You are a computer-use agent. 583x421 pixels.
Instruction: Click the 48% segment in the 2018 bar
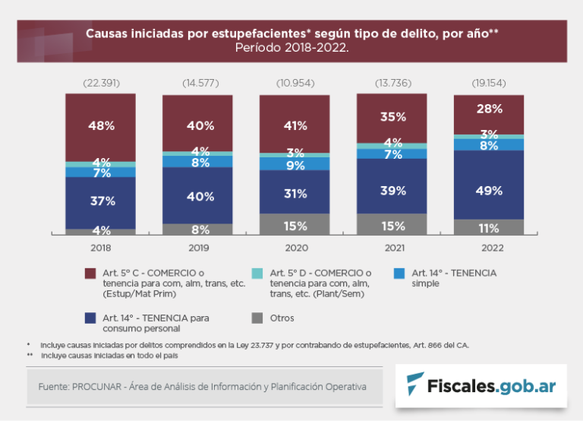coord(100,126)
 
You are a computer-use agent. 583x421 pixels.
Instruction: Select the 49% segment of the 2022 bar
coord(488,190)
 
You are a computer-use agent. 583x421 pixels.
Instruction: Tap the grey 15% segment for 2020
coord(295,225)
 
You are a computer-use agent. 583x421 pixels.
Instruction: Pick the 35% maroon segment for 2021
coord(392,117)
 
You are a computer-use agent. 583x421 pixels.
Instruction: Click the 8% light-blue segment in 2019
coord(197,162)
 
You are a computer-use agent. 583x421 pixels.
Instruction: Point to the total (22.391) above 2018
coord(100,83)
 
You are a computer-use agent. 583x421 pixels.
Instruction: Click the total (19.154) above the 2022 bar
coord(488,83)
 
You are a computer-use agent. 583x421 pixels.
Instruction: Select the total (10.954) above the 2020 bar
coord(295,83)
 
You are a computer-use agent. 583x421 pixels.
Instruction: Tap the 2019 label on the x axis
coord(197,248)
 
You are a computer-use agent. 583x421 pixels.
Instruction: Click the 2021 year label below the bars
coord(392,248)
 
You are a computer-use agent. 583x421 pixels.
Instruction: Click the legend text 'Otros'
coord(282,318)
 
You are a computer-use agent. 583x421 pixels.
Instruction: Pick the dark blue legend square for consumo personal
coord(90,318)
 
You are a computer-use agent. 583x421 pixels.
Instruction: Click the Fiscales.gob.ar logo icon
coord(416,384)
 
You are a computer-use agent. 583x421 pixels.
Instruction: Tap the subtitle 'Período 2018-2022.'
coord(291,47)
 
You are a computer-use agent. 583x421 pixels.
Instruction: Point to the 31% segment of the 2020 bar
coord(295,194)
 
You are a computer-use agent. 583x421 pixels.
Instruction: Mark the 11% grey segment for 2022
coord(488,228)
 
